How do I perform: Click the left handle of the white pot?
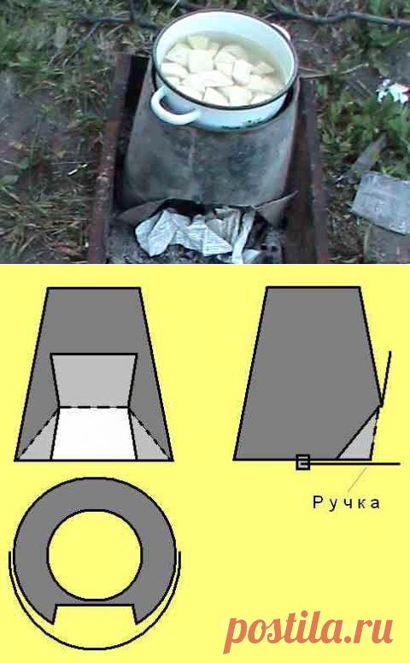coord(167,108)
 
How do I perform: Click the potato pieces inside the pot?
coord(220,70)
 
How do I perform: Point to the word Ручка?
coord(346,502)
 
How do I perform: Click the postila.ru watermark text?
coord(308,629)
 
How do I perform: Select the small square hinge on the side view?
coord(302,462)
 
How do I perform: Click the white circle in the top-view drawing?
coord(95,554)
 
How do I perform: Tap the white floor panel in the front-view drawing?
coord(94,434)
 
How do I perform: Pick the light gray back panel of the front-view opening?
coord(94,380)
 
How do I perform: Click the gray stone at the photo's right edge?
coord(382,201)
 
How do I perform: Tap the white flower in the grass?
coord(393,91)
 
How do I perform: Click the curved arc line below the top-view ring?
coord(95,647)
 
